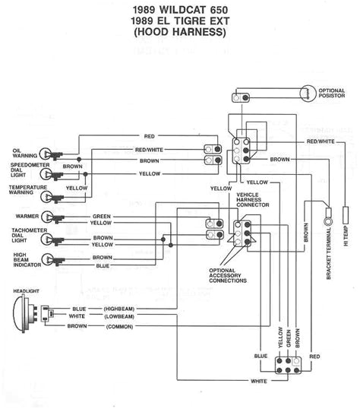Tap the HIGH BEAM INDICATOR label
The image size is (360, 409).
(x=27, y=258)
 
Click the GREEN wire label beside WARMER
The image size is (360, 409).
(x=102, y=215)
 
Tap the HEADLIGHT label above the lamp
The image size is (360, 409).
(x=27, y=291)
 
